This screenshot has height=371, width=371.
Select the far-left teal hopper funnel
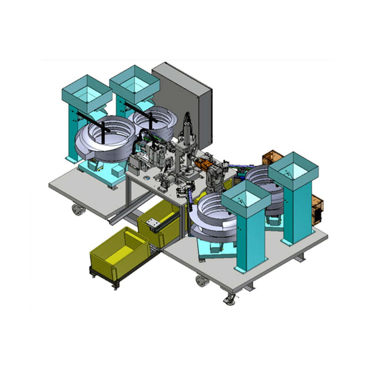coord(87,93)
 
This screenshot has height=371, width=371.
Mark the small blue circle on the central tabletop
coord(147,177)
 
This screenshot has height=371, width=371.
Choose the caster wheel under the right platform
coord(202,281)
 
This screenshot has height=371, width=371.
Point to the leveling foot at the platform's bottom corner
coord(229,300)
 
